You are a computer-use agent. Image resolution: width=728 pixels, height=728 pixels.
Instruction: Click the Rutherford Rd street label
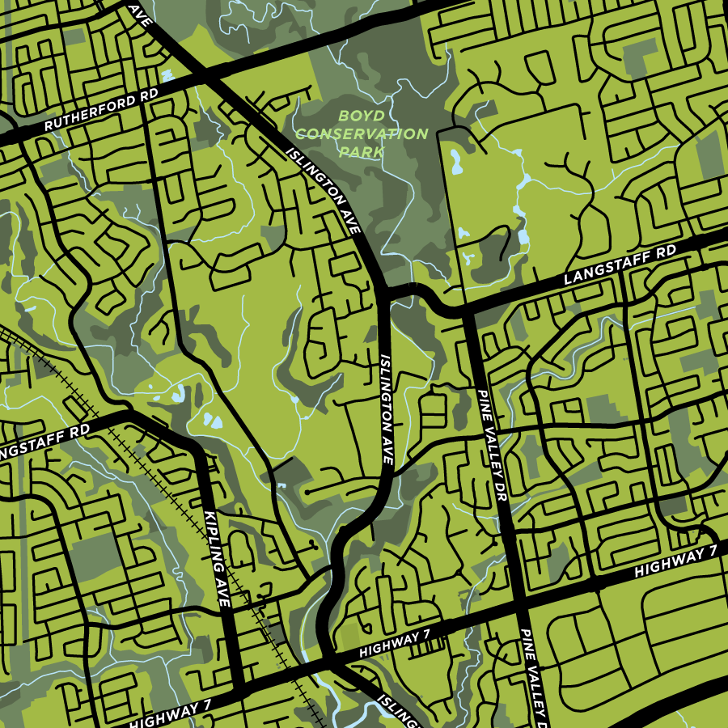(101, 110)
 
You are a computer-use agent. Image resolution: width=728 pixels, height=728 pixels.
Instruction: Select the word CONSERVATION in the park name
(361, 134)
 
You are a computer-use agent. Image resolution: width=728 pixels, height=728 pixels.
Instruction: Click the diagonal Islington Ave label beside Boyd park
(322, 191)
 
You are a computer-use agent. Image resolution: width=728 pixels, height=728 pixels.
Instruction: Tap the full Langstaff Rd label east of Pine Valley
(620, 265)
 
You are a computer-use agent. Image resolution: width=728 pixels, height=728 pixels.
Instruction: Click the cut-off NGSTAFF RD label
(44, 438)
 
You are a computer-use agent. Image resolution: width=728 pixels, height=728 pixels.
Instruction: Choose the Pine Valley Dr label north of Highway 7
(490, 445)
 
